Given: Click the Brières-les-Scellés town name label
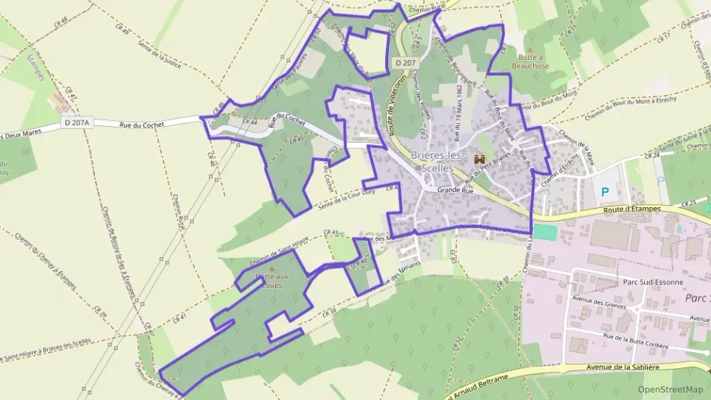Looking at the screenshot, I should click(x=437, y=161).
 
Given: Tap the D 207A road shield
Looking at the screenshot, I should click(x=77, y=122).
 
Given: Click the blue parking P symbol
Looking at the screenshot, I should click(x=605, y=193).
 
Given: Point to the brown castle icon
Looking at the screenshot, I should click(x=479, y=159).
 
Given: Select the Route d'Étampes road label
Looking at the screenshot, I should click(x=630, y=208).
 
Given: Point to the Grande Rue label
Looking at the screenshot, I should click(x=456, y=191).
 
